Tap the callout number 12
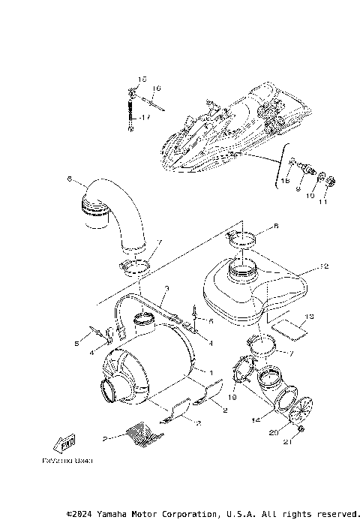324,266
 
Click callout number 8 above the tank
254,225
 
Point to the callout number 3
166,289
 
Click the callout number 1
212,372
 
